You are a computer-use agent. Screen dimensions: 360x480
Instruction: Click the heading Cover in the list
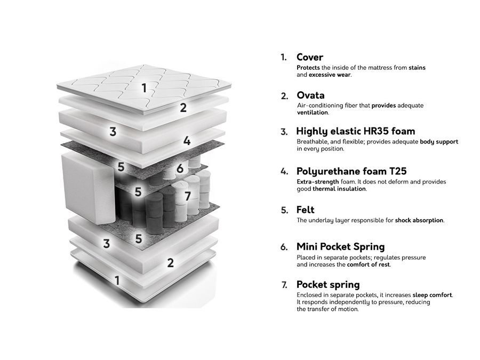pos(310,57)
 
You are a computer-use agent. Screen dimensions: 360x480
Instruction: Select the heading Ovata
pos(310,95)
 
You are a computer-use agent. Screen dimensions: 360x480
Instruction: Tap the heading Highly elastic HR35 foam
pos(355,131)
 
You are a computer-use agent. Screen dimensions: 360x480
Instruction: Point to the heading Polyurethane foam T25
pos(351,171)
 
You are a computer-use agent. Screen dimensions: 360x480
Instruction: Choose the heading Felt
pos(306,210)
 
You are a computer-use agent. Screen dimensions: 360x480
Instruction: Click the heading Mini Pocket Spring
pos(340,247)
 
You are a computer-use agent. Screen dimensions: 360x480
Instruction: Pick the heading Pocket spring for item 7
pos(328,284)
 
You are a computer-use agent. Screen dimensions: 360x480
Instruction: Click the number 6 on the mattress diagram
pos(180,169)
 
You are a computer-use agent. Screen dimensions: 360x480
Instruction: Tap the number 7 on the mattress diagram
pos(187,196)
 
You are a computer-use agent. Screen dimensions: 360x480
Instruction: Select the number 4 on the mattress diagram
pos(187,141)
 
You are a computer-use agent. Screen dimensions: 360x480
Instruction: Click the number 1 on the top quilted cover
pos(143,88)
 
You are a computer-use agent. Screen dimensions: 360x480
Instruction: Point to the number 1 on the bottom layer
pos(117,280)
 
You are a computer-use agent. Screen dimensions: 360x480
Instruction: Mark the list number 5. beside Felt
pos(284,211)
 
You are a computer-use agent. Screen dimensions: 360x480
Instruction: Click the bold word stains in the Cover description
pos(417,68)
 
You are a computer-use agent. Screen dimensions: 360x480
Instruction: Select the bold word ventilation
pos(313,113)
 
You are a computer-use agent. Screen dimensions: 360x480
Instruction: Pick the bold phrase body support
pos(439,142)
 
